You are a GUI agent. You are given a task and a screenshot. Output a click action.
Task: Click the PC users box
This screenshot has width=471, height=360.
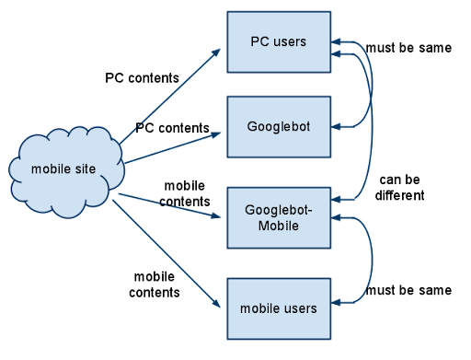click(278, 41)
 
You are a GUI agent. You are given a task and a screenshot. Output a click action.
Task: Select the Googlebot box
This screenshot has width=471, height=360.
click(278, 125)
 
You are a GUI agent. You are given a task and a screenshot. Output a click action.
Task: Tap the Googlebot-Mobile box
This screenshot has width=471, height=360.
click(278, 217)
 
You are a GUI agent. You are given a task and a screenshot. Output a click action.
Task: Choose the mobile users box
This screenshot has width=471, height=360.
click(278, 308)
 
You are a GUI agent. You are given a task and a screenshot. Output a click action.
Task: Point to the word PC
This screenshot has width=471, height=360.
click(260, 41)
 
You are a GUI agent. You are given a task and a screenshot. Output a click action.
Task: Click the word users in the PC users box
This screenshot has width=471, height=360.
click(290, 41)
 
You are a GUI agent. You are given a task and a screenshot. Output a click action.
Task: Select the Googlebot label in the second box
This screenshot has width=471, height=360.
click(278, 125)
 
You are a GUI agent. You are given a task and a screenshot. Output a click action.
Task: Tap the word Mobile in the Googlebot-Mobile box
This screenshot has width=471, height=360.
click(278, 225)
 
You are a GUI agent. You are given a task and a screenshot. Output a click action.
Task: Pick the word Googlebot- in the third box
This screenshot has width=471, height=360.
click(278, 209)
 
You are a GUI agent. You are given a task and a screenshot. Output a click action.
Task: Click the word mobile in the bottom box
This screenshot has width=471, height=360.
click(260, 308)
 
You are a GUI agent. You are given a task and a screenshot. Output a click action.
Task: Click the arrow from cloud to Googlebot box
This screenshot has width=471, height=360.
click(175, 146)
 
